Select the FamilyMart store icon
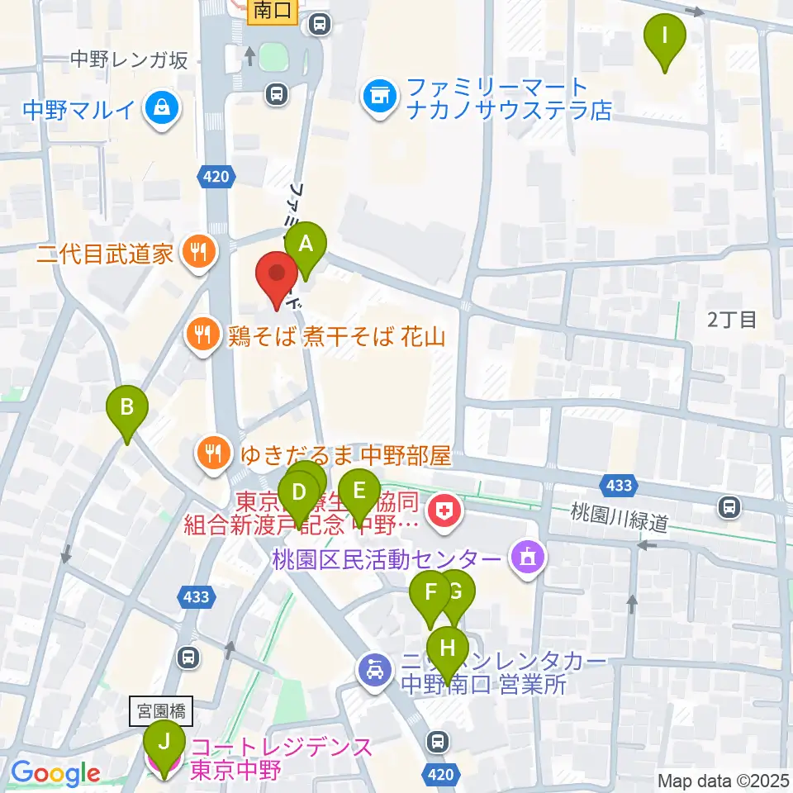[379, 97]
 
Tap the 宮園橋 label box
[160, 708]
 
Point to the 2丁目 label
[732, 320]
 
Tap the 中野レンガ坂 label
[130, 59]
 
